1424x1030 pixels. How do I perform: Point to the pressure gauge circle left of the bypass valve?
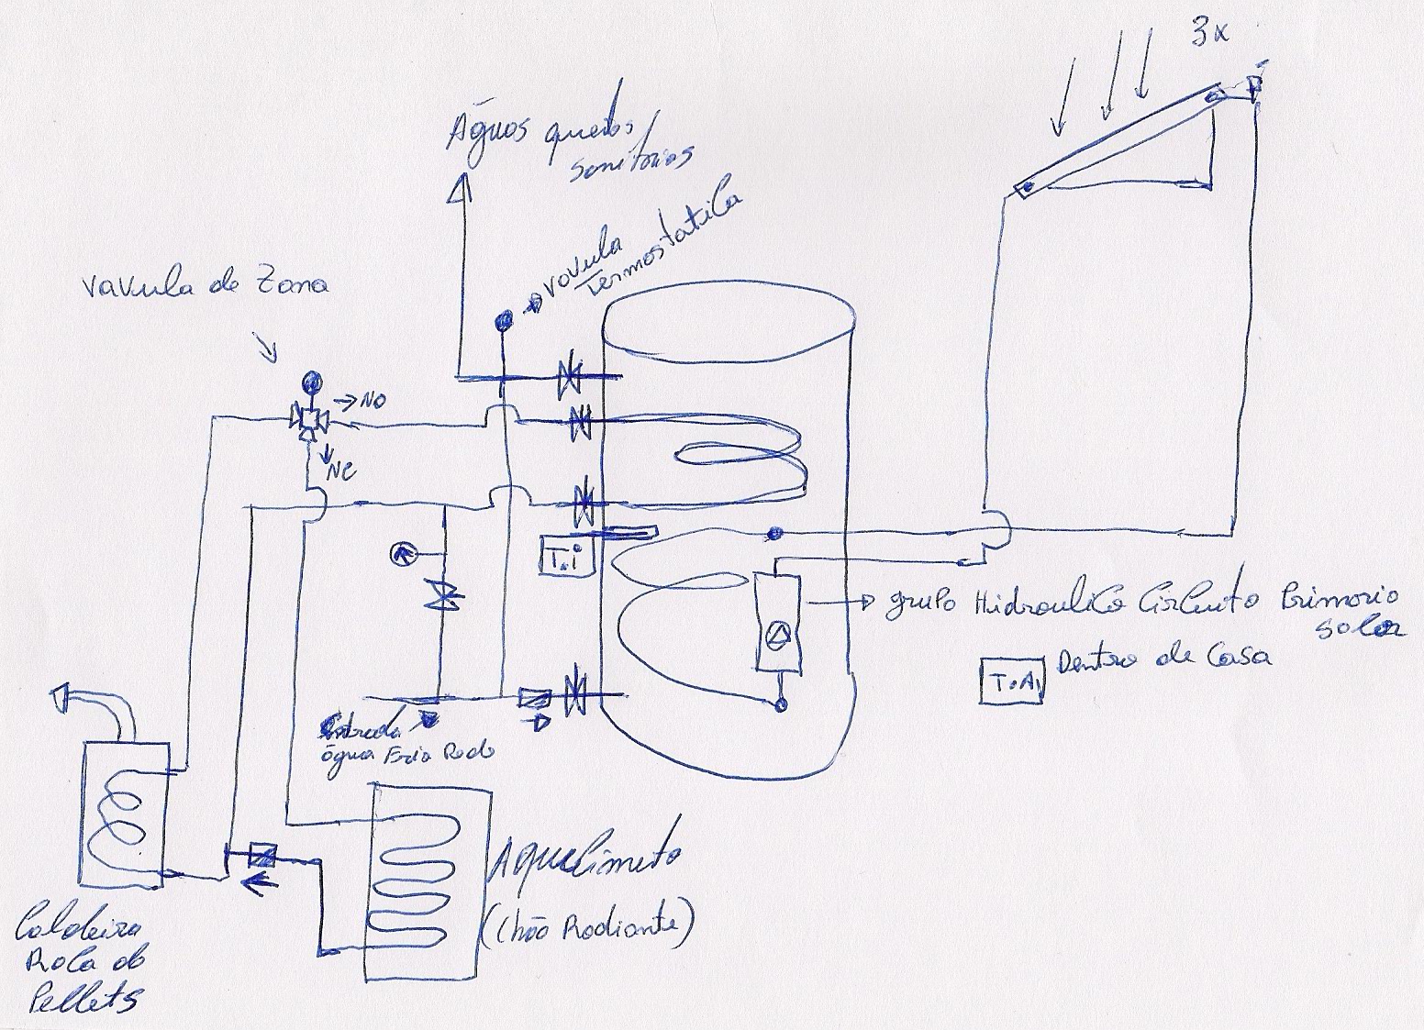[403, 552]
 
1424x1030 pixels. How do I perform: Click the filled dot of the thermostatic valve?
[504, 320]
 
